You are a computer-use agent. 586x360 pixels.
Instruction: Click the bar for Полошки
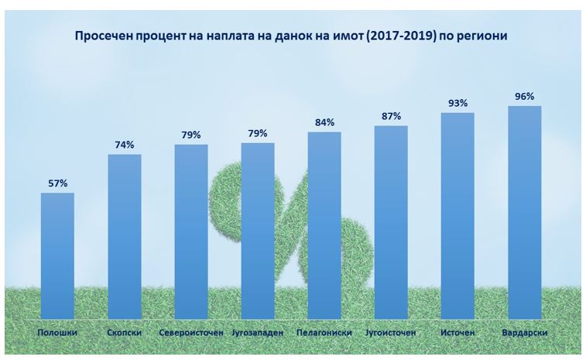tap(57, 255)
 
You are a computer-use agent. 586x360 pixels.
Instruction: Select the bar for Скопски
tap(124, 236)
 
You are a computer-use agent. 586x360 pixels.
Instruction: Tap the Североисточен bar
tap(190, 231)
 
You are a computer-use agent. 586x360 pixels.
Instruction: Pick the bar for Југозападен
tap(258, 231)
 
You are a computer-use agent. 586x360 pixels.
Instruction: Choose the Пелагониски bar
tap(324, 225)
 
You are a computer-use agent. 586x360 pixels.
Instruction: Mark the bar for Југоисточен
tap(391, 222)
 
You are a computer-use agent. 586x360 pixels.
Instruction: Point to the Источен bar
tap(457, 216)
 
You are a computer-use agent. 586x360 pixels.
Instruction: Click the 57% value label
tap(57, 183)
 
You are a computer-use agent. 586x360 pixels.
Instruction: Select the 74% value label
tap(124, 145)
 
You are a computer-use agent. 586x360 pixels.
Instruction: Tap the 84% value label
tap(324, 122)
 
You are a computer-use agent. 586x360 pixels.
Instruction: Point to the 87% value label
tap(391, 116)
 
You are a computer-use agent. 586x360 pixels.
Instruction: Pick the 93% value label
tap(457, 103)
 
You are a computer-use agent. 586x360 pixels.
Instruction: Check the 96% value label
tap(524, 96)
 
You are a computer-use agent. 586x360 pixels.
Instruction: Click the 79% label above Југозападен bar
tap(258, 133)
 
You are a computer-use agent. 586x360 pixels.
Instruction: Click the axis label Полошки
tap(57, 333)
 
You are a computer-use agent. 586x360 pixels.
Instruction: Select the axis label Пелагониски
tap(324, 333)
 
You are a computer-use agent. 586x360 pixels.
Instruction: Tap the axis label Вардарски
tap(524, 333)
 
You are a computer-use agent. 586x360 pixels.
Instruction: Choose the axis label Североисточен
tap(190, 333)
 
